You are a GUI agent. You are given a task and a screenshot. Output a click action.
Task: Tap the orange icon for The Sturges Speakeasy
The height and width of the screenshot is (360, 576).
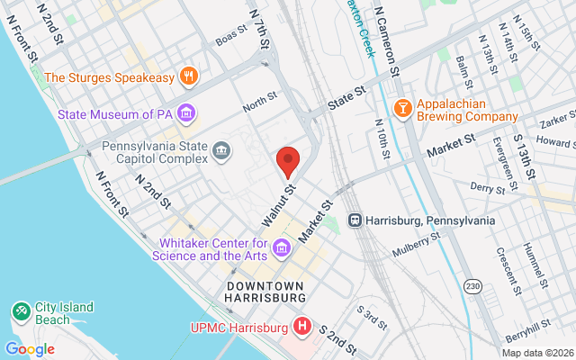pyautogui.click(x=188, y=76)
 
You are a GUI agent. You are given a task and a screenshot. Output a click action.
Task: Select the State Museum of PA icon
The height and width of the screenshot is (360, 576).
pyautogui.click(x=186, y=113)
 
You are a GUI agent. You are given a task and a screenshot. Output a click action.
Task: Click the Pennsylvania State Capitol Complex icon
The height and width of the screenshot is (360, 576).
pyautogui.click(x=220, y=153)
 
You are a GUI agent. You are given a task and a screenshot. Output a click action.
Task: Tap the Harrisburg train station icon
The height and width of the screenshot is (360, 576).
pyautogui.click(x=355, y=220)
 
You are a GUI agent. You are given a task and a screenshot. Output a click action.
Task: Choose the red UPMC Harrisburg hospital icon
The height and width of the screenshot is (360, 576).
pyautogui.click(x=303, y=325)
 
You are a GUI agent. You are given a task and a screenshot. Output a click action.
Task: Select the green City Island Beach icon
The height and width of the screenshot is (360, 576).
pyautogui.click(x=20, y=311)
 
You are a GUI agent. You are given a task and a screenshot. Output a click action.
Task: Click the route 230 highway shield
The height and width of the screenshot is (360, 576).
pyautogui.click(x=473, y=286)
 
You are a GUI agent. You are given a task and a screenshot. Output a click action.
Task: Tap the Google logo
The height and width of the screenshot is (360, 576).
pyautogui.click(x=30, y=349)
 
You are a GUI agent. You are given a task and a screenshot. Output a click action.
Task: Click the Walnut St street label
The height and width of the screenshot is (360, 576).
pyautogui.click(x=279, y=206)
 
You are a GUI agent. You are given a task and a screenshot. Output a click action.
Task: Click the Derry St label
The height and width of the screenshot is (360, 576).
pyautogui.click(x=488, y=186)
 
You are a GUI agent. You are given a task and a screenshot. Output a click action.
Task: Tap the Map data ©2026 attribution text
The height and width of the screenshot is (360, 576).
pyautogui.click(x=536, y=351)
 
